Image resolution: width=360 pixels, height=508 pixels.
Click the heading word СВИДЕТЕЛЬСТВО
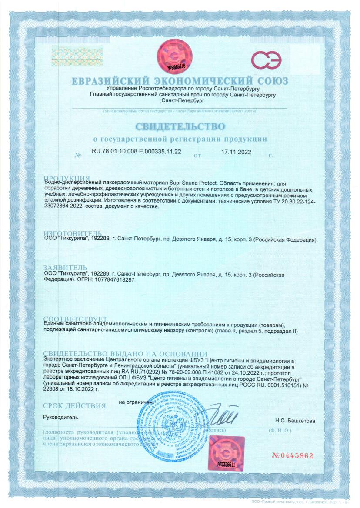pos(180,127)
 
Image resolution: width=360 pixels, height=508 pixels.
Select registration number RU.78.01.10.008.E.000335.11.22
pos(137,152)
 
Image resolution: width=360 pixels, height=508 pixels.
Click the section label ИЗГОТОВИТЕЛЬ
pos(73,234)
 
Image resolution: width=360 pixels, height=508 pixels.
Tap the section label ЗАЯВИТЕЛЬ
pos(66,267)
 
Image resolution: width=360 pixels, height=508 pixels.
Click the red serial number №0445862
pos(292,456)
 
